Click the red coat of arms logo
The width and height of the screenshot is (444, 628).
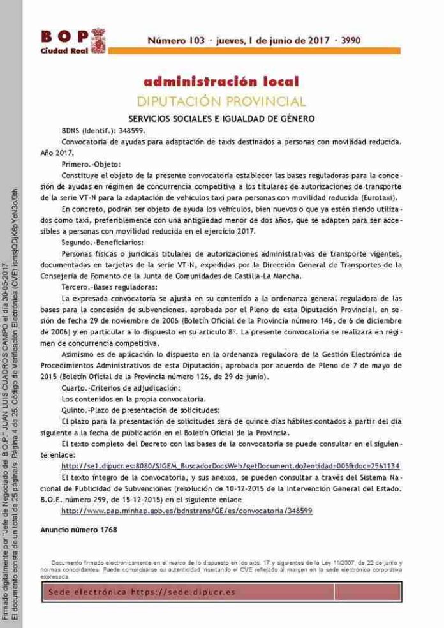(x=97, y=41)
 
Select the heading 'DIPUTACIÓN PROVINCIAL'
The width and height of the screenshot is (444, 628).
(x=221, y=101)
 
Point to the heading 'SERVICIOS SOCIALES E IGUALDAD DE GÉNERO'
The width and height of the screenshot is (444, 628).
(x=221, y=119)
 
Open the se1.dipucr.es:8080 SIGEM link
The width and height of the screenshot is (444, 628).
(x=230, y=466)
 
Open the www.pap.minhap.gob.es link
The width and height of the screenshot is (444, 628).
(x=187, y=511)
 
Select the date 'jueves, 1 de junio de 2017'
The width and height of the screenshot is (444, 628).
(x=269, y=40)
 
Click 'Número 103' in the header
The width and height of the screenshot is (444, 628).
(x=175, y=40)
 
